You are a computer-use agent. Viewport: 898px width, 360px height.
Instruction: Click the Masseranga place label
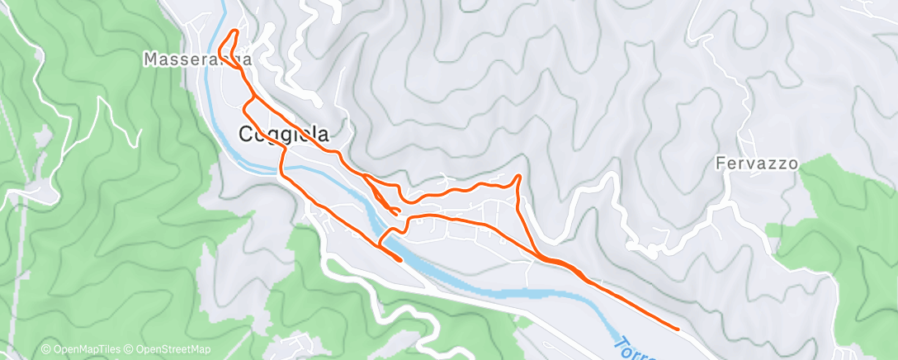(x=196, y=59)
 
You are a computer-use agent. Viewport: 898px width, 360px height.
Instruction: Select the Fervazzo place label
(x=757, y=163)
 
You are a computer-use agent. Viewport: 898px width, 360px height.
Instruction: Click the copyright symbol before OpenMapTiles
(x=46, y=350)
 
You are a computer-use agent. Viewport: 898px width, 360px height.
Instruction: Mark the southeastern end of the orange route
(x=678, y=329)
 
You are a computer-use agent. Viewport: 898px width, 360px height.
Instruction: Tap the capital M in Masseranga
(x=150, y=59)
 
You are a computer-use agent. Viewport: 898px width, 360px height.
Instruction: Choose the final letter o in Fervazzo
(x=793, y=163)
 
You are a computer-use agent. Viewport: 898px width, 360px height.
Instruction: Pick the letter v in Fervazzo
(x=749, y=163)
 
